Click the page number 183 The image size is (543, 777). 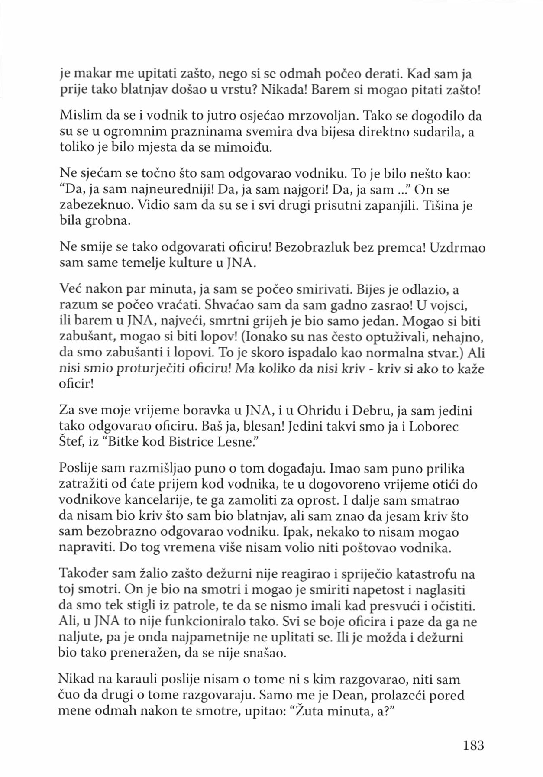click(473, 745)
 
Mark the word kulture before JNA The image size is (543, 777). click(189, 263)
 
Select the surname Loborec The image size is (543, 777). click(433, 426)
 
